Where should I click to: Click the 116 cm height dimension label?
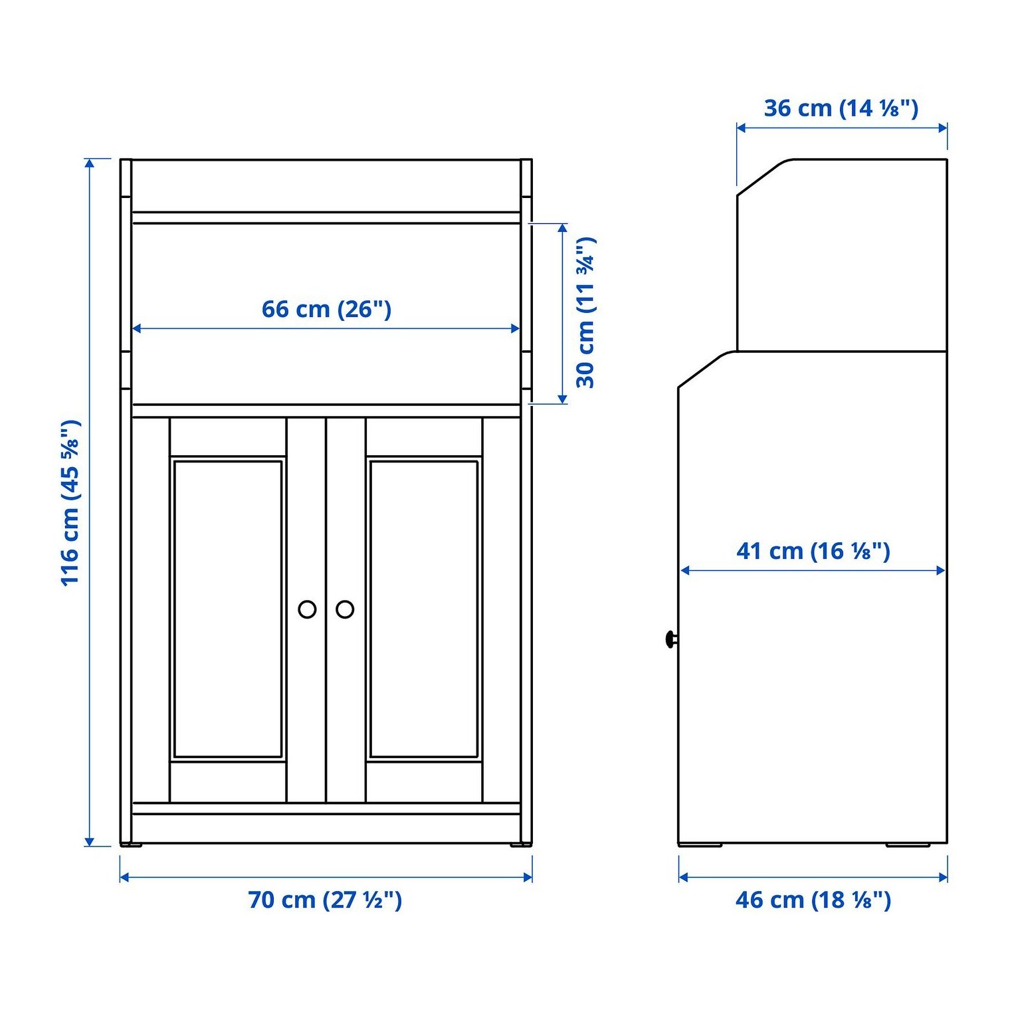(70, 503)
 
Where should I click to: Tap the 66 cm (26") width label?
(326, 309)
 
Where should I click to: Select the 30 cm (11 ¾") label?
(585, 312)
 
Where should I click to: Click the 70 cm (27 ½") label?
(325, 900)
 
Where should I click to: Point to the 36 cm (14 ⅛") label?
(841, 108)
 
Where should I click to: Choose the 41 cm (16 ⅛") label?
(813, 551)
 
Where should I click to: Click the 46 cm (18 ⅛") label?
(813, 900)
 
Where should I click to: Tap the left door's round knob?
(307, 609)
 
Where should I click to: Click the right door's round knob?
(345, 609)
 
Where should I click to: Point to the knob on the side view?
(671, 639)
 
